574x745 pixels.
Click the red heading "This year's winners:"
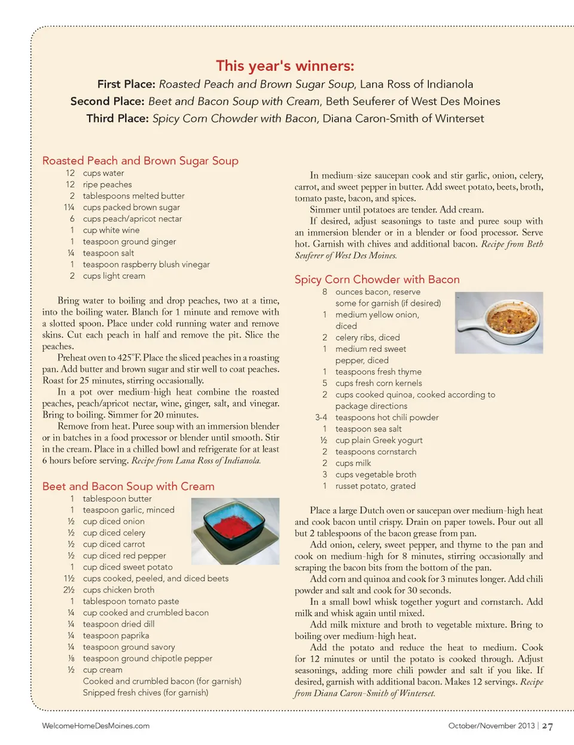coord(285,66)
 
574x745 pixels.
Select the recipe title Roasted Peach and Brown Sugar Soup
coord(140,160)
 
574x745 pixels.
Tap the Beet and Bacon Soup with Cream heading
coord(128,486)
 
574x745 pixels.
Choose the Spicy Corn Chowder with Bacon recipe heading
coord(377,279)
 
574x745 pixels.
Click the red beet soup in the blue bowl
coord(235,525)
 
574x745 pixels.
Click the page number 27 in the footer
coord(547,726)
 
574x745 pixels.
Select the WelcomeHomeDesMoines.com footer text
coord(96,726)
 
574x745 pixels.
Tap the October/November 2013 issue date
coord(491,726)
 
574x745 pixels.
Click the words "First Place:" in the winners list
coord(126,84)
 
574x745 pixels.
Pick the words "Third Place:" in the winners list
coord(117,118)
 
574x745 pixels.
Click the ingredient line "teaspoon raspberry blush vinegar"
coord(146,264)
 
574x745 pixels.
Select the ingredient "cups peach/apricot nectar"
coord(132,219)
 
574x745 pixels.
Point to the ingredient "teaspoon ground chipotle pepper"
coord(147,658)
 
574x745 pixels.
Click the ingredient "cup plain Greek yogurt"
coord(378,440)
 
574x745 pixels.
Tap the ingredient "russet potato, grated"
coord(375,486)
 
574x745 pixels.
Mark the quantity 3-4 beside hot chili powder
coord(321,418)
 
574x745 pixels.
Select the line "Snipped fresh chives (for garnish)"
coord(145,692)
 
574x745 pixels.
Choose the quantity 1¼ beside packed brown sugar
coord(69,208)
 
